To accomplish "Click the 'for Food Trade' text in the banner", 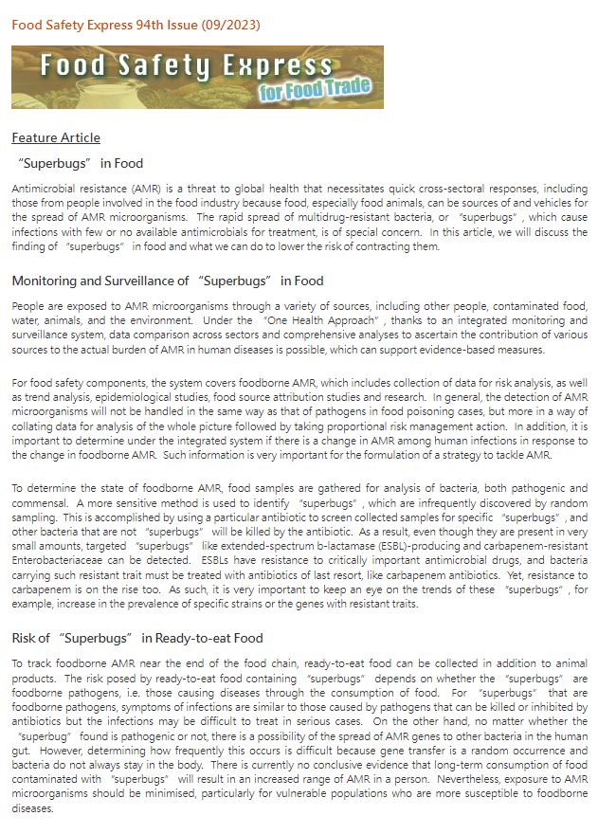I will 315,92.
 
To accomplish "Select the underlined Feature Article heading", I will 56,138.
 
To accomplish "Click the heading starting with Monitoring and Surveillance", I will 168,281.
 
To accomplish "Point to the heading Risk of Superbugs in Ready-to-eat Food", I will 137,638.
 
